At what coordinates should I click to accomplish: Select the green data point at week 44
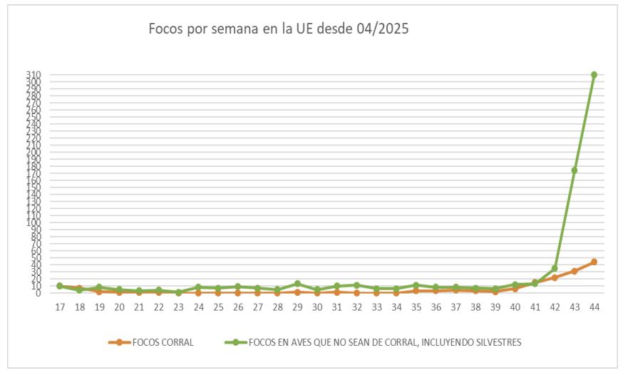pyautogui.click(x=594, y=75)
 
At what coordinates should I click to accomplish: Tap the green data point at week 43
pyautogui.click(x=574, y=170)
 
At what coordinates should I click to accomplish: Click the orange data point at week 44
pyautogui.click(x=594, y=262)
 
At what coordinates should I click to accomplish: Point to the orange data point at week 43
pyautogui.click(x=574, y=271)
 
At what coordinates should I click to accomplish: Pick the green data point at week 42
pyautogui.click(x=555, y=268)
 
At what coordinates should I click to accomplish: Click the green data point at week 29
pyautogui.click(x=297, y=284)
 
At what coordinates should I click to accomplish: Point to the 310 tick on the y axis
pyautogui.click(x=34, y=75)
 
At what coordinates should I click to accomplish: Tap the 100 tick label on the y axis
pyautogui.click(x=34, y=222)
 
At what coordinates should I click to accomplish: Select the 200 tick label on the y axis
pyautogui.click(x=34, y=152)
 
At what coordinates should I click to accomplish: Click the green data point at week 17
pyautogui.click(x=60, y=286)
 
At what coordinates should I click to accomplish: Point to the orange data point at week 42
pyautogui.click(x=555, y=277)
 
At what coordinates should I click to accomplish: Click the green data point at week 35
pyautogui.click(x=416, y=285)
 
